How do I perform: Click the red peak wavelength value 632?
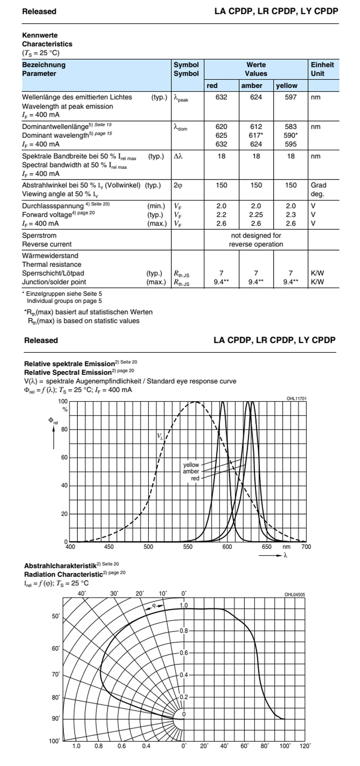click(x=221, y=97)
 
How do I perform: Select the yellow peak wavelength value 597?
click(x=291, y=97)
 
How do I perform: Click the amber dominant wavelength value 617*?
click(x=256, y=135)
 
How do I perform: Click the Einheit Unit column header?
click(x=322, y=69)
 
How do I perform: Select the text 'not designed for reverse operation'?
click(x=256, y=240)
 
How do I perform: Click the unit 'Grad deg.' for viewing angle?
click(x=318, y=190)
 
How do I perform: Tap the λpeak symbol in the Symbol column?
click(x=181, y=98)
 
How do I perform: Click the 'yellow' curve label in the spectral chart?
click(x=191, y=465)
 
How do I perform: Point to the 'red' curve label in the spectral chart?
click(x=195, y=479)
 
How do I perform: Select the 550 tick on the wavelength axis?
click(x=188, y=547)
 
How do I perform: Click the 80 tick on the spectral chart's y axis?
click(x=64, y=430)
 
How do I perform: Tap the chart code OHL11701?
click(x=296, y=398)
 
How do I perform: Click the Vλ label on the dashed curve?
click(x=160, y=436)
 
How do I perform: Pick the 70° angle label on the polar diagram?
click(x=56, y=674)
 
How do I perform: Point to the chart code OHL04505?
click(x=294, y=595)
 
